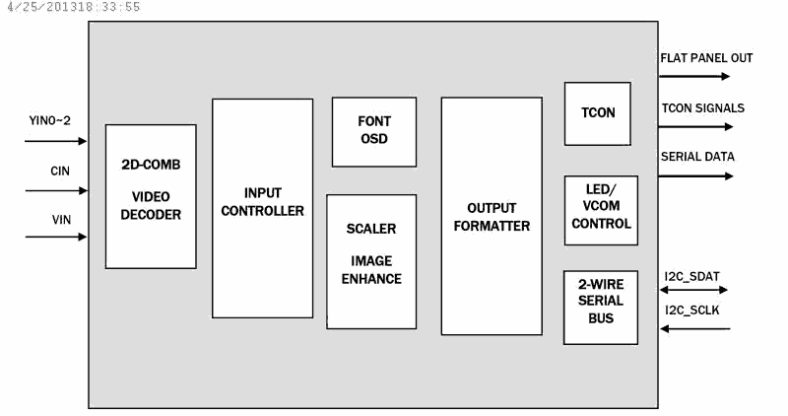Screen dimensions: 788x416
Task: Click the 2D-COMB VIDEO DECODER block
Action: pos(151,197)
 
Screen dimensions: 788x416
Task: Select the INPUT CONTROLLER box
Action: pos(262,208)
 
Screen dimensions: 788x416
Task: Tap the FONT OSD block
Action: pos(374,132)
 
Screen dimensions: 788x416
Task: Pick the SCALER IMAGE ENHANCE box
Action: pos(371,261)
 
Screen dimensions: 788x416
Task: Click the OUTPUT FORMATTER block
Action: pos(492,216)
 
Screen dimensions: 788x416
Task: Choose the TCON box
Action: pos(598,113)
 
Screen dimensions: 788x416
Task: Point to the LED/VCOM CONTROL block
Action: pos(601,210)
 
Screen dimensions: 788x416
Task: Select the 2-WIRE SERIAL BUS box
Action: pos(601,308)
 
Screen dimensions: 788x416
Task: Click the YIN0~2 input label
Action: pos(50,120)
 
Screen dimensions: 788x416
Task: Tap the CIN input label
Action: pos(60,171)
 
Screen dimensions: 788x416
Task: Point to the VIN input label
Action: pos(61,220)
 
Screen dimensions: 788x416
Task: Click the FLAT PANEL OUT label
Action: pos(706,58)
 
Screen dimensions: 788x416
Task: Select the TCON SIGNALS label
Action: pos(703,108)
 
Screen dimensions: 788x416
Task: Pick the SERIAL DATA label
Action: pos(697,157)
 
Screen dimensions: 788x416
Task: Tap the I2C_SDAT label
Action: pos(692,277)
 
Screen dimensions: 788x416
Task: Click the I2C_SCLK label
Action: pos(692,311)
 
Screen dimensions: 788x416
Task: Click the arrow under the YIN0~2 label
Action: pos(56,141)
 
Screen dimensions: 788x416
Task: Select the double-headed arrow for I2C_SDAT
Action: pos(694,290)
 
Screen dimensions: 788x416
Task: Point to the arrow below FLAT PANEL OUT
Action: pos(694,77)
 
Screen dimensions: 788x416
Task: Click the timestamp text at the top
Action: pos(74,7)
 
